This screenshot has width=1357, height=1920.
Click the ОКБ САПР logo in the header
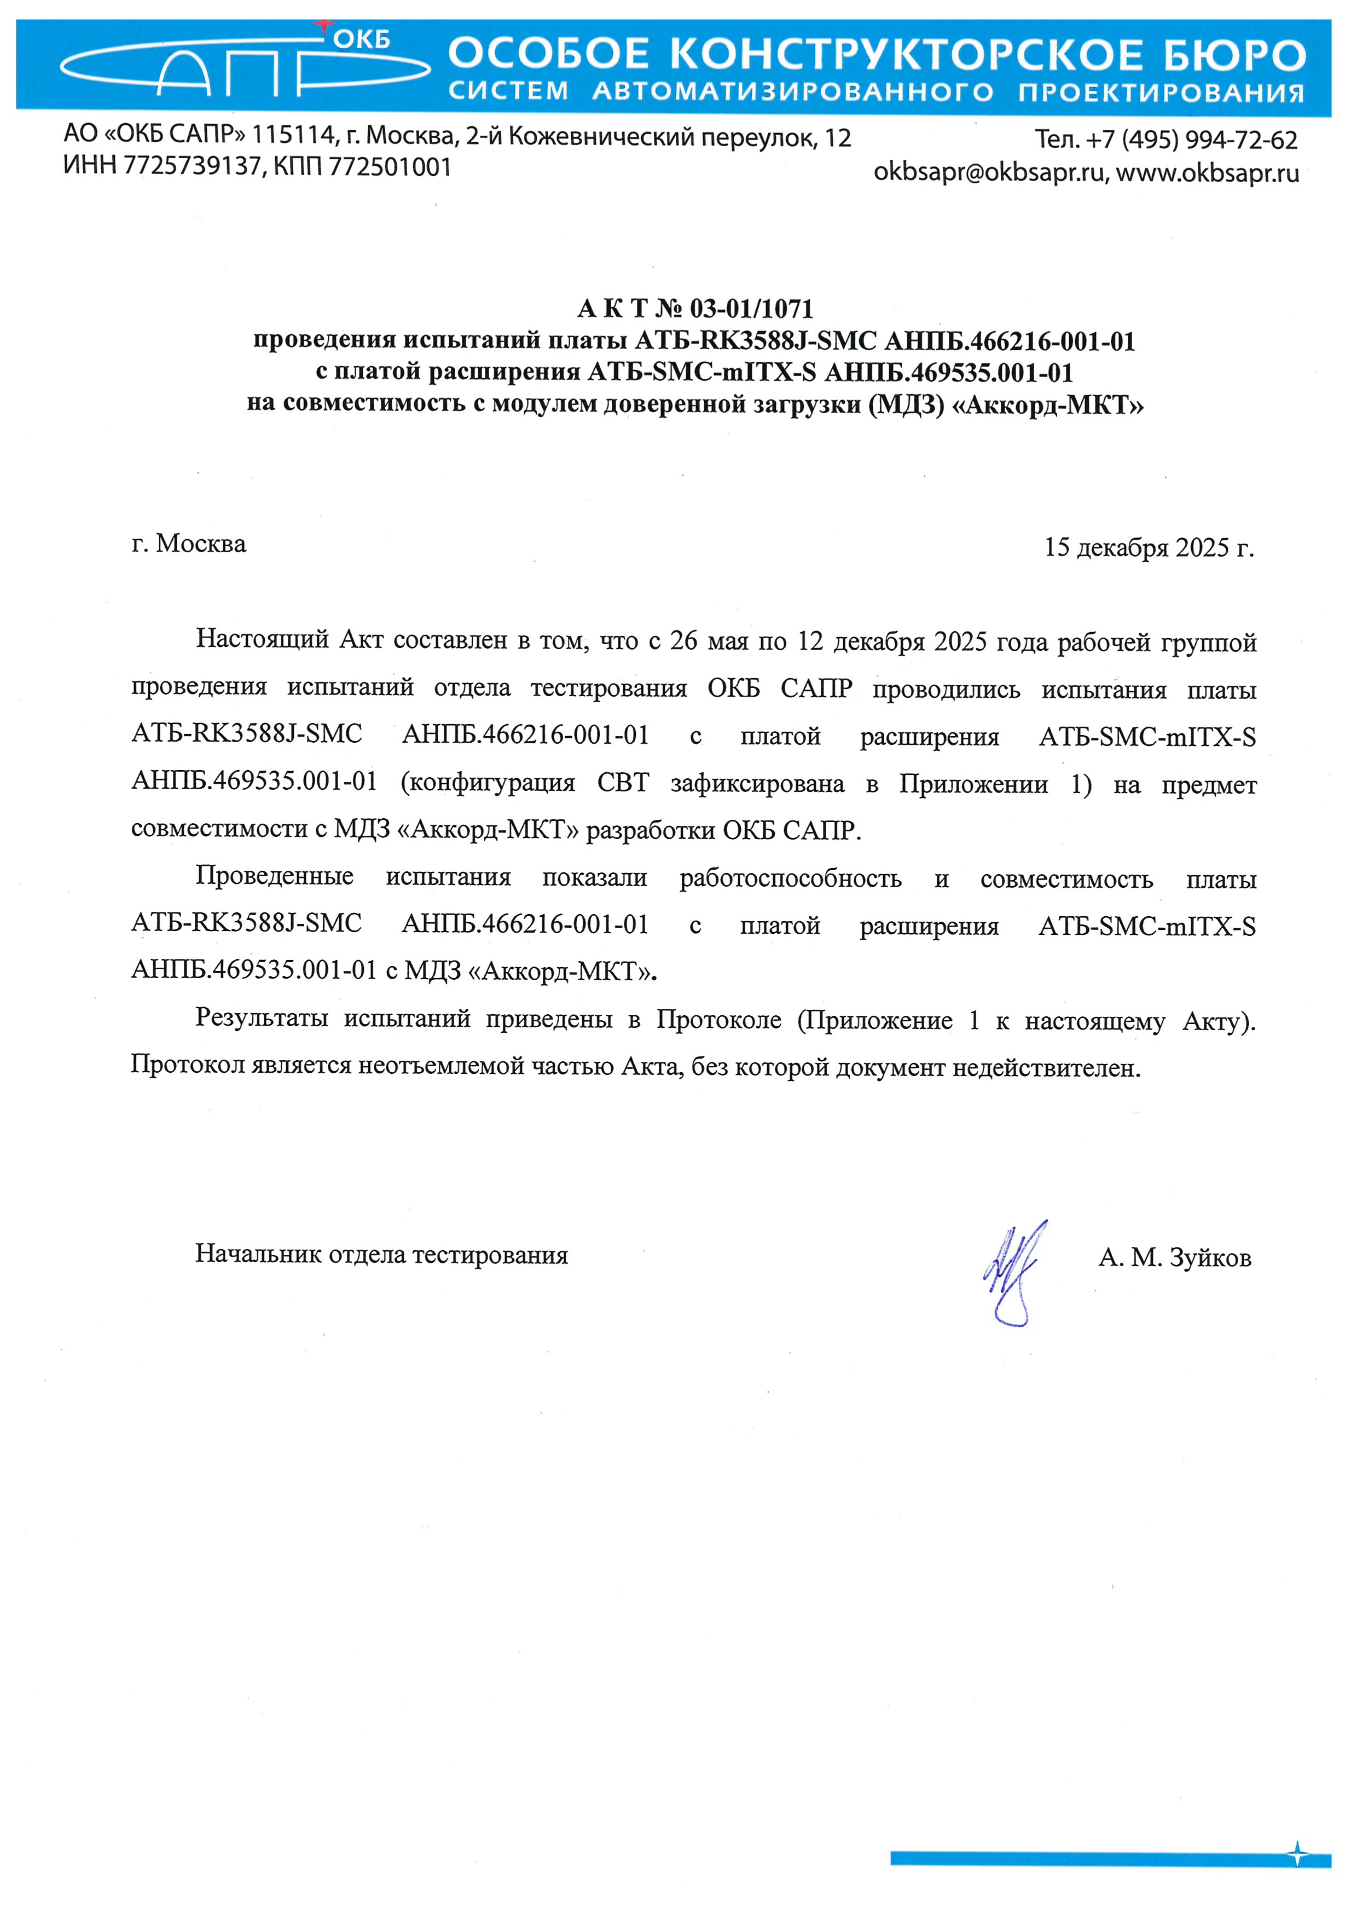[x=242, y=63]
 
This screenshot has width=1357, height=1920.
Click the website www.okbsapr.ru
[x=1207, y=173]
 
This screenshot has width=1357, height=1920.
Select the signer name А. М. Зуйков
[x=1175, y=1258]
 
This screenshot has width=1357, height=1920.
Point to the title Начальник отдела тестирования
[x=381, y=1254]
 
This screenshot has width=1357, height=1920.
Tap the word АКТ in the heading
[x=612, y=309]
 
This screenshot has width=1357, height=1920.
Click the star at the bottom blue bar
[x=1297, y=1855]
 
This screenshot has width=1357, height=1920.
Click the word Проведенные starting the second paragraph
[x=274, y=876]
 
